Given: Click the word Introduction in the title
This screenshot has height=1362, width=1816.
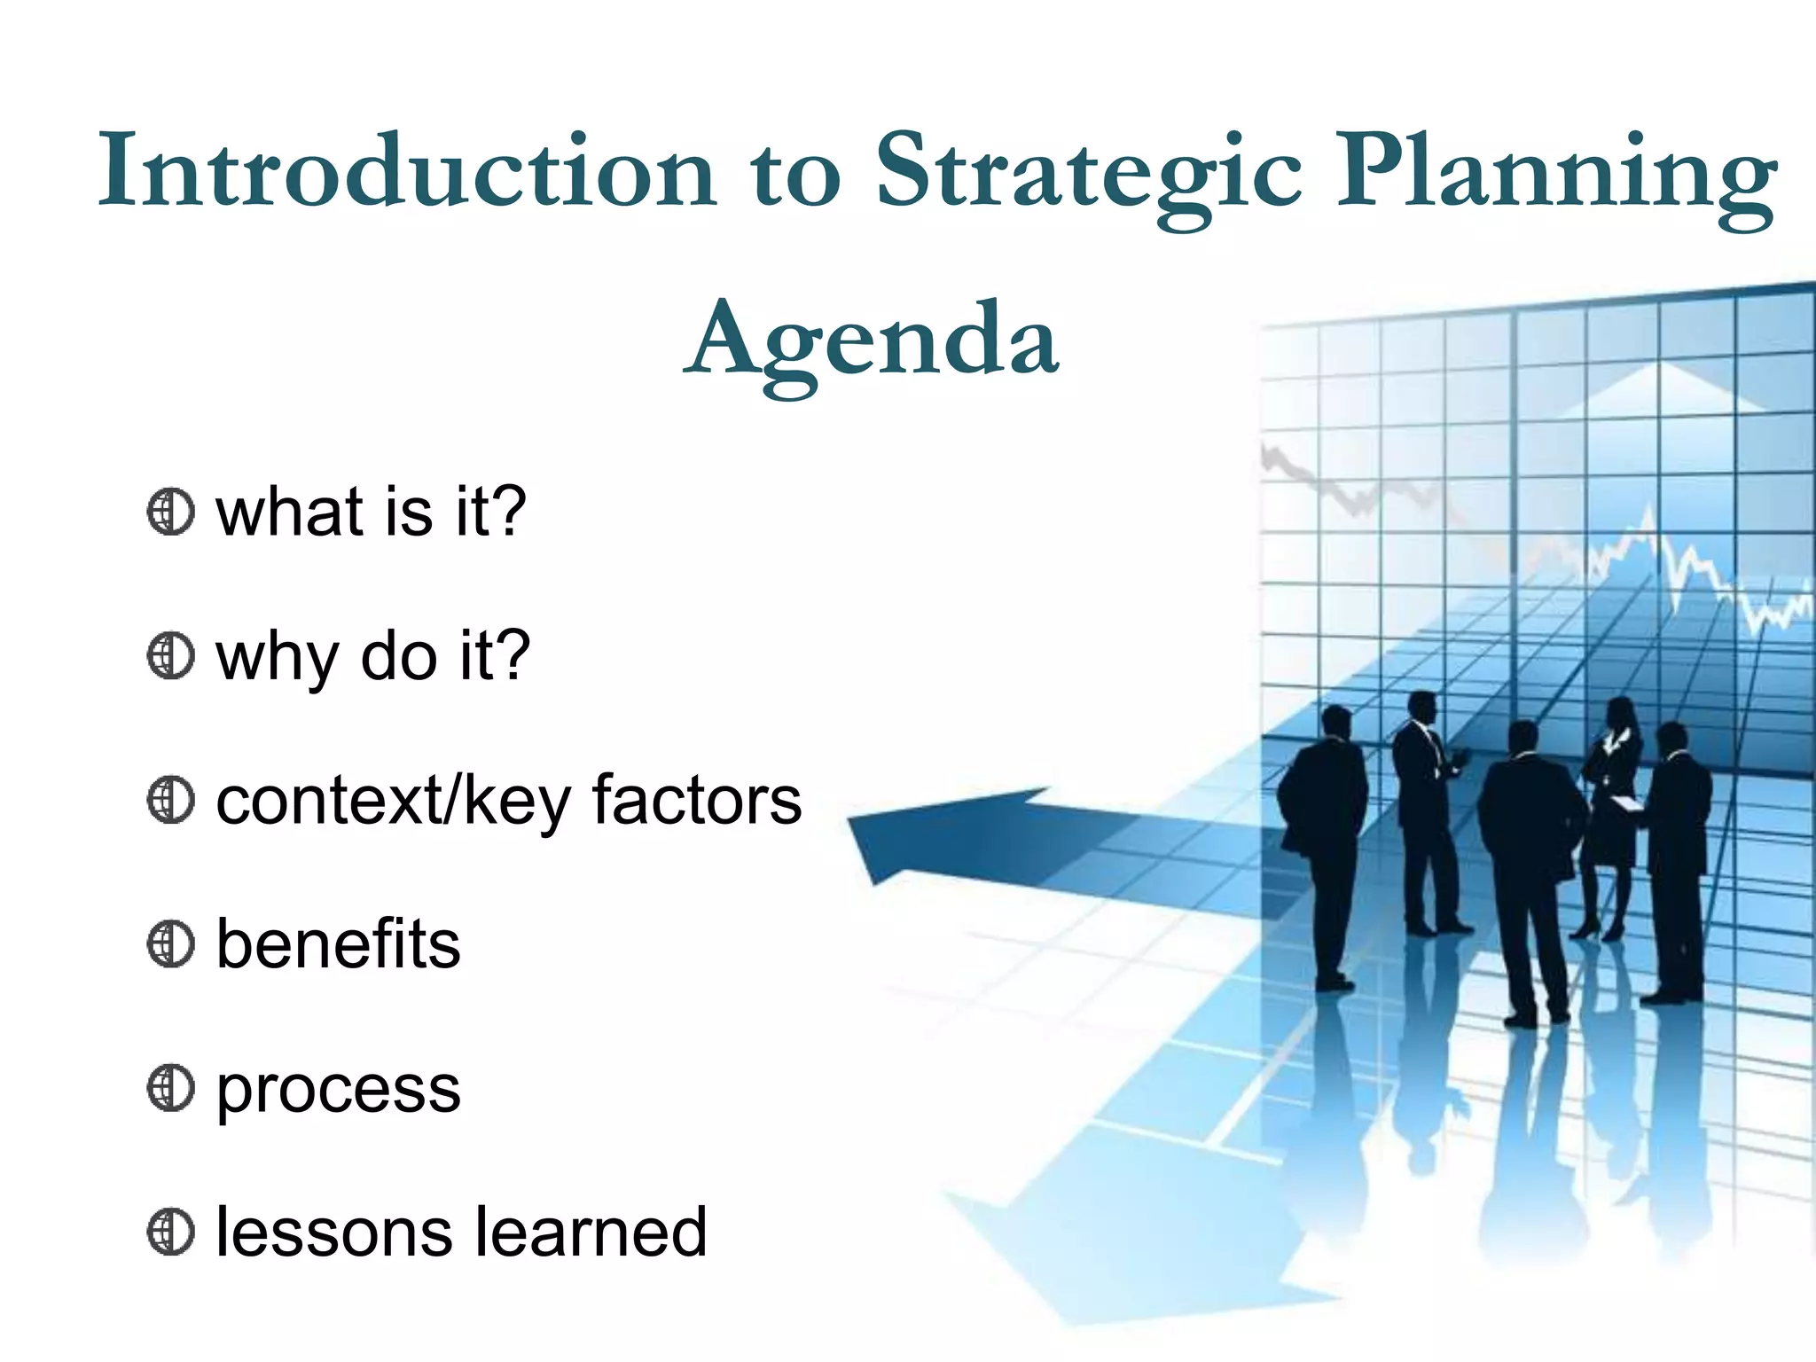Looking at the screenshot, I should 406,170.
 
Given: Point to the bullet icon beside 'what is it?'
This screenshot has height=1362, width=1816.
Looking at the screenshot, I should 170,513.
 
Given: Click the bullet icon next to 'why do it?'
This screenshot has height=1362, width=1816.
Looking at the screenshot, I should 170,656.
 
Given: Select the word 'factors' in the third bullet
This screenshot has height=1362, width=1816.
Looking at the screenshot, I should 697,801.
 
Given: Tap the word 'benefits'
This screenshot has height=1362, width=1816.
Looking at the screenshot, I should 338,944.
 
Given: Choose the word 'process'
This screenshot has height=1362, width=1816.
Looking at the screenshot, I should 338,1091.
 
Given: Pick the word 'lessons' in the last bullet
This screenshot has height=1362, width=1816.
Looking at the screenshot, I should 334,1233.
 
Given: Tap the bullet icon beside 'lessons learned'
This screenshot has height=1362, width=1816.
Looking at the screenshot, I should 170,1233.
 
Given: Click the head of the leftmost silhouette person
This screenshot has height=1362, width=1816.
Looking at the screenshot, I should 1335,723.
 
